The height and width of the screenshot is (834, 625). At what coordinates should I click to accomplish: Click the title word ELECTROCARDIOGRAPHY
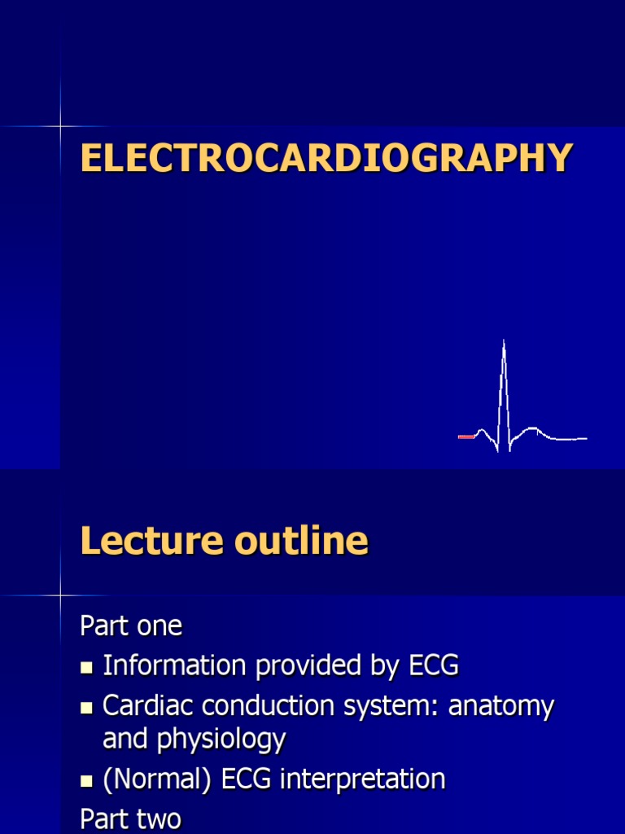point(326,158)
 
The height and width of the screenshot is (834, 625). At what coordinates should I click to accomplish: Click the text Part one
point(131,626)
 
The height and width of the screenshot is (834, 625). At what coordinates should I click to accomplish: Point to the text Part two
point(131,818)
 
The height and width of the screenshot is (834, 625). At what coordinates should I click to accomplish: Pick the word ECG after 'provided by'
point(432,665)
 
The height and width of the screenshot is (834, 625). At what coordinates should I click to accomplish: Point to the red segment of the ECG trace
point(466,437)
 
